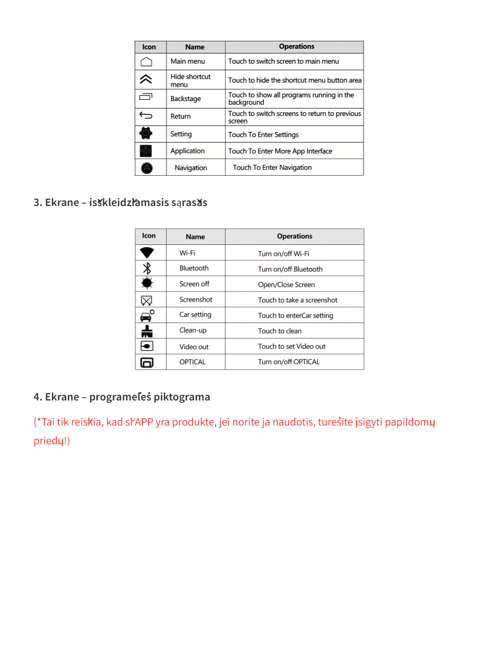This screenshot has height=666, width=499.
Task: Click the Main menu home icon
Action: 146,62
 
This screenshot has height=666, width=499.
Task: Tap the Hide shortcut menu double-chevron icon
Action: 146,79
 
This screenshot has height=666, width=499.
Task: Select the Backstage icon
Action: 146,97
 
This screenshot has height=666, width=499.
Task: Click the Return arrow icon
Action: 146,115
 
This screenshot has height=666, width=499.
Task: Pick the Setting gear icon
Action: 146,133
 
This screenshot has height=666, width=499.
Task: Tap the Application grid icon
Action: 146,151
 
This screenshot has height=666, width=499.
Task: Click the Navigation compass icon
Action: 147,168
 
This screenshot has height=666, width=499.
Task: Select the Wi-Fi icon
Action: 147,252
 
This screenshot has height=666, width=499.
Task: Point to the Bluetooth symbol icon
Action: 147,268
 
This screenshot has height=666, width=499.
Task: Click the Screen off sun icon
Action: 147,283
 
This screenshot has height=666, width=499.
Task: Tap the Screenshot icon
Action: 146,300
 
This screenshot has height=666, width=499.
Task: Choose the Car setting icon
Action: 147,316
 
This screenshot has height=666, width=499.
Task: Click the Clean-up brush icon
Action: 147,331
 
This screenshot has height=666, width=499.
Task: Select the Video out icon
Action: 147,346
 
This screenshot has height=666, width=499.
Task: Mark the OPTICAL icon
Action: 147,362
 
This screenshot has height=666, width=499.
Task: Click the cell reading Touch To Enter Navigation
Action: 272,167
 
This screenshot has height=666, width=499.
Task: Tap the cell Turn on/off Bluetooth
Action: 290,269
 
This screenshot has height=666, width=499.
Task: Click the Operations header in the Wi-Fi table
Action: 294,236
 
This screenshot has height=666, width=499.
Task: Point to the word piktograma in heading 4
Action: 183,397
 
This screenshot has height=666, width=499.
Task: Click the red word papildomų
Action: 410,422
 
